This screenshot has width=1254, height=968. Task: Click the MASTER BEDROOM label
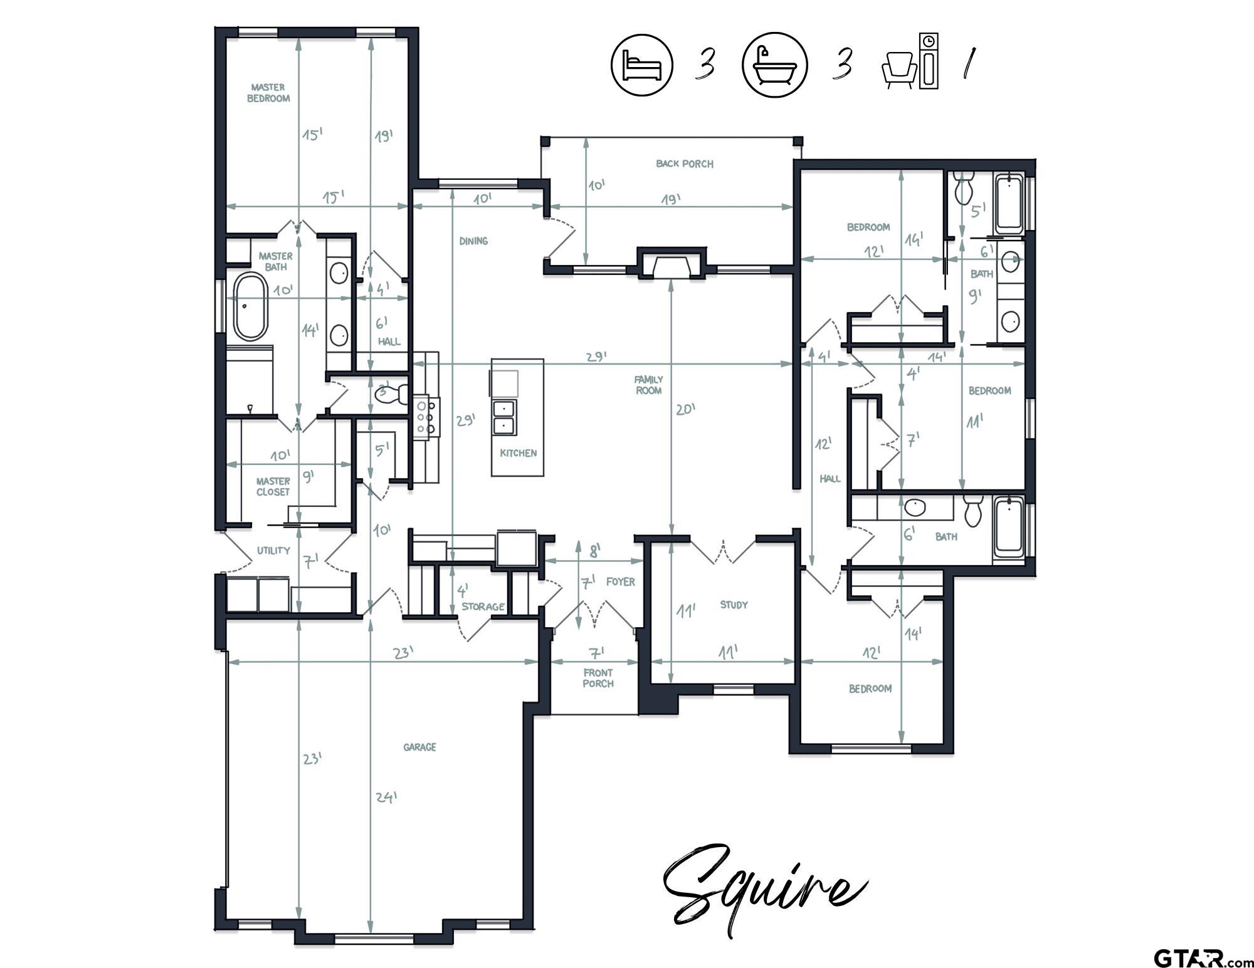[x=268, y=93]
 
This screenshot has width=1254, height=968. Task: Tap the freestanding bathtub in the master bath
[x=251, y=308]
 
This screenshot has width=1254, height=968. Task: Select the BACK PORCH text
[x=684, y=164]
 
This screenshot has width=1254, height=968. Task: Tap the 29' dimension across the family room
[x=596, y=356]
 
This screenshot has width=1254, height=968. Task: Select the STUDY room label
[x=734, y=605]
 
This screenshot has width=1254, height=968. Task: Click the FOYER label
[x=620, y=581]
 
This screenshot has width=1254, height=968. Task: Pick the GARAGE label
[x=419, y=747]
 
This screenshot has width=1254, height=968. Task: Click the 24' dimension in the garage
[x=386, y=798]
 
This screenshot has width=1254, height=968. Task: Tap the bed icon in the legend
[x=641, y=65]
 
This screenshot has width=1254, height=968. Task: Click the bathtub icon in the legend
[x=774, y=65]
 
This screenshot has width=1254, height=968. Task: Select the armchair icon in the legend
[x=899, y=69]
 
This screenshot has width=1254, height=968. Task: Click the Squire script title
[x=762, y=890]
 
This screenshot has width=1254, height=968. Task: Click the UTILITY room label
[x=273, y=551]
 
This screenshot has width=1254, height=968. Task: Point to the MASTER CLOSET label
[x=273, y=487]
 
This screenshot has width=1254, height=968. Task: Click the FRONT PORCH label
[x=598, y=678]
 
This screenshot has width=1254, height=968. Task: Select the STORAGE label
[x=483, y=606]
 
